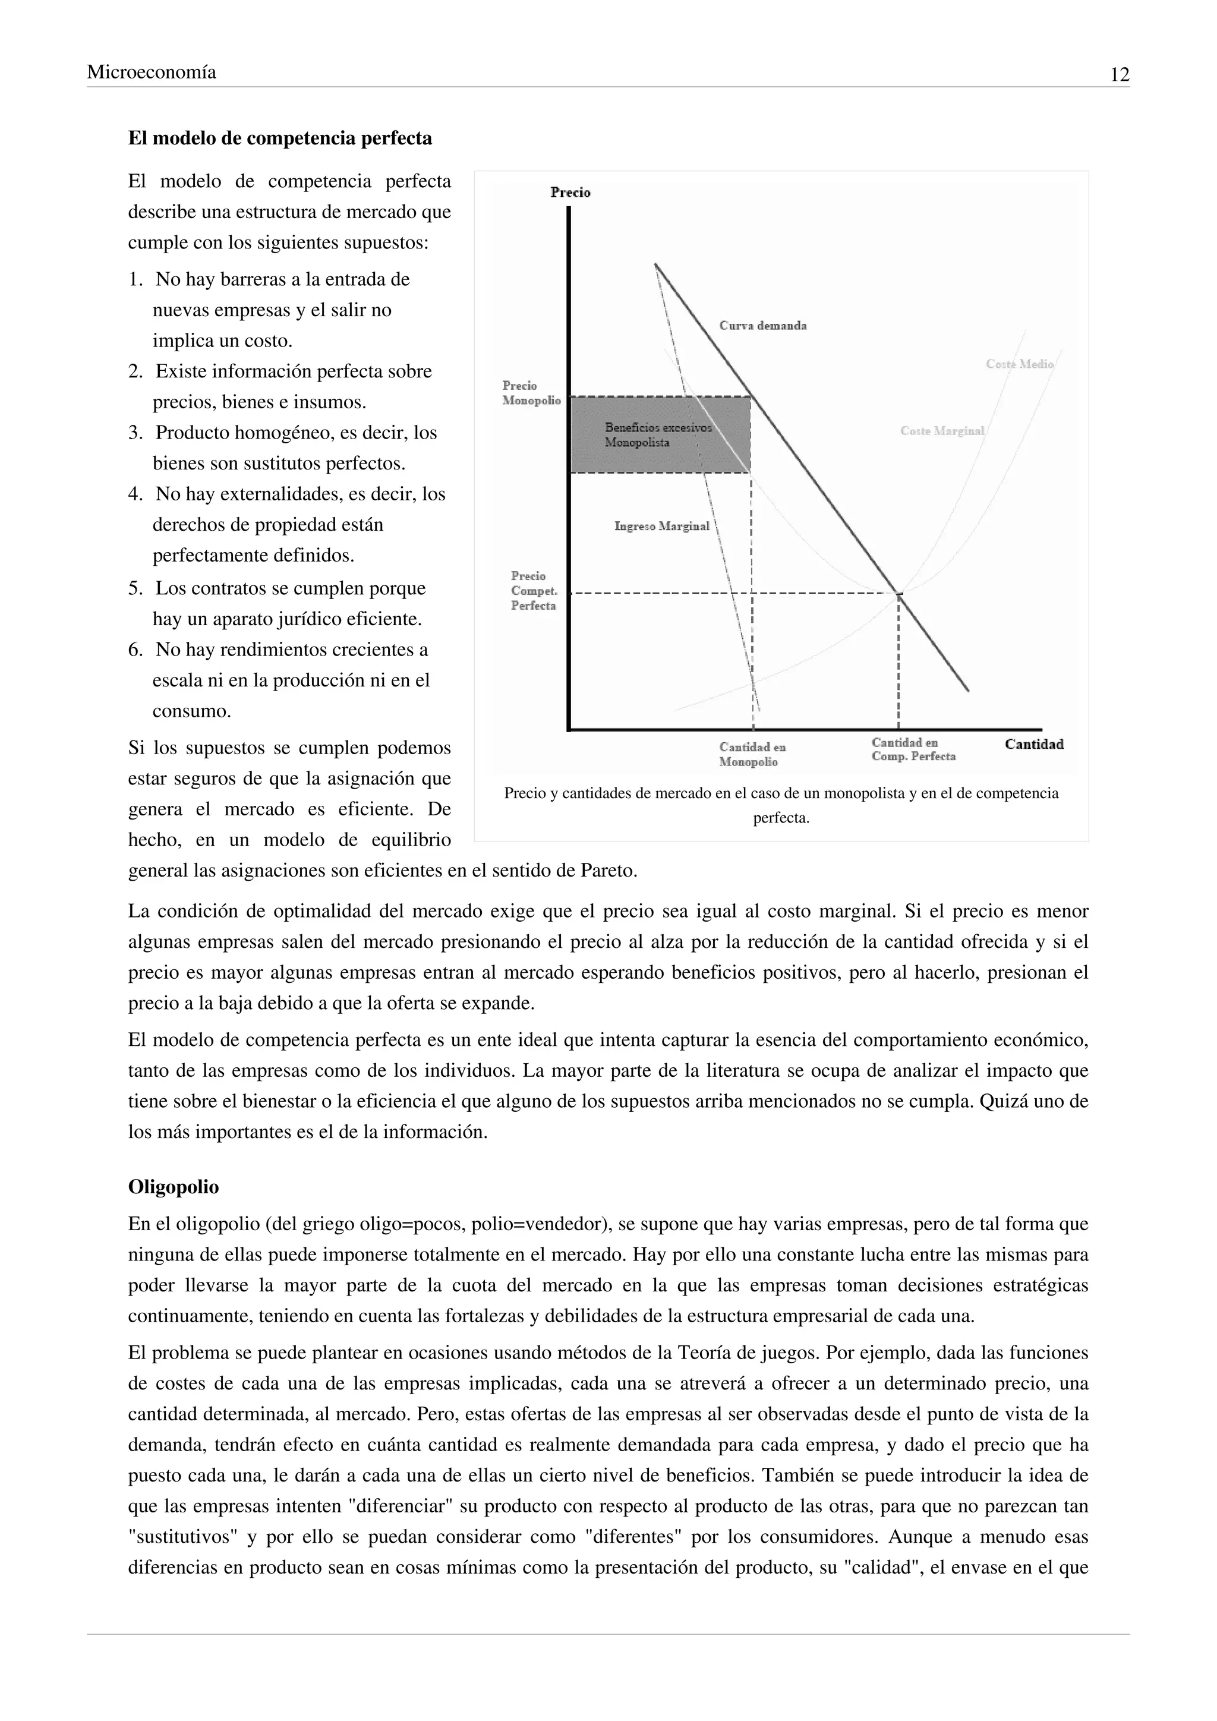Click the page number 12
pyautogui.click(x=1119, y=75)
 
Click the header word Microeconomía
pyautogui.click(x=152, y=72)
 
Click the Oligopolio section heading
pyautogui.click(x=173, y=1187)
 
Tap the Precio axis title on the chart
pyautogui.click(x=570, y=193)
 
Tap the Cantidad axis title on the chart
pyautogui.click(x=1033, y=744)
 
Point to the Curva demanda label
pyautogui.click(x=763, y=325)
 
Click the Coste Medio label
pyautogui.click(x=1019, y=364)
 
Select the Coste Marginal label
pyautogui.click(x=942, y=431)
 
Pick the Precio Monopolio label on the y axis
pyautogui.click(x=531, y=393)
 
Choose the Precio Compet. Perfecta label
pyautogui.click(x=534, y=591)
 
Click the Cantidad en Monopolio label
pyautogui.click(x=752, y=754)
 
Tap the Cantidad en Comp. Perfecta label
pyautogui.click(x=913, y=749)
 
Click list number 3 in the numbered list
pyautogui.click(x=135, y=433)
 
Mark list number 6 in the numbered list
pyautogui.click(x=135, y=650)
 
